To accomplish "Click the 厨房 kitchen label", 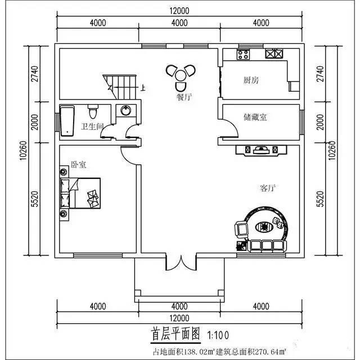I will (x=251, y=80).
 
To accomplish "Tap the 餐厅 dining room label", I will (x=184, y=97).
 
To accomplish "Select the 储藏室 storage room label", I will (x=255, y=117).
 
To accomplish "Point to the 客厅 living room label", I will (x=268, y=188).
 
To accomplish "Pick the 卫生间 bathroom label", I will (x=92, y=127).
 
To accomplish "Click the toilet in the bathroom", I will (x=94, y=108).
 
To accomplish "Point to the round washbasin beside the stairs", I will (x=125, y=110).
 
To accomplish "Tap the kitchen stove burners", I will (x=274, y=55).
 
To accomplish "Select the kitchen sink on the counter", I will (x=244, y=55).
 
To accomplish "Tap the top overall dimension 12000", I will (x=179, y=11).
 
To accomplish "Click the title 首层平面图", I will (x=176, y=333).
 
